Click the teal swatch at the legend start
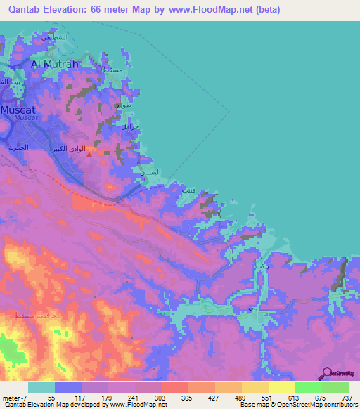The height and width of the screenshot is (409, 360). (41, 387)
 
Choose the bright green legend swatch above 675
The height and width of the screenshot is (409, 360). (308, 387)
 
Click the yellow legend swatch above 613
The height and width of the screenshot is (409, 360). (281, 387)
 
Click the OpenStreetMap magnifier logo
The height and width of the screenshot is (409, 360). (326, 374)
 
